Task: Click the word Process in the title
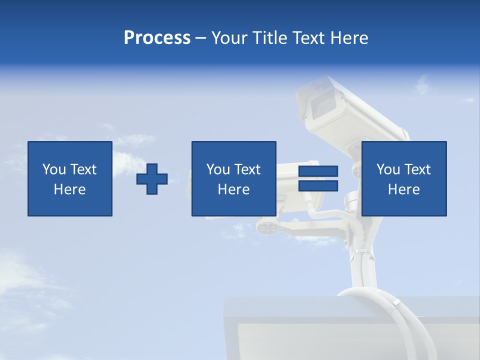[157, 38]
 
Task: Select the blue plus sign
[152, 179]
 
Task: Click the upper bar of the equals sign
[318, 171]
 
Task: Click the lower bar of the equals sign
[318, 186]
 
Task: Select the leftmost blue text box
[69, 178]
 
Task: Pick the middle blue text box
[233, 178]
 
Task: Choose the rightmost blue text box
[403, 178]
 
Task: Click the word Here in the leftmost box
[69, 189]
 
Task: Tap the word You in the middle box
[218, 169]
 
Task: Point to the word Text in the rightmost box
[418, 169]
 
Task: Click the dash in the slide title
[201, 38]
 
